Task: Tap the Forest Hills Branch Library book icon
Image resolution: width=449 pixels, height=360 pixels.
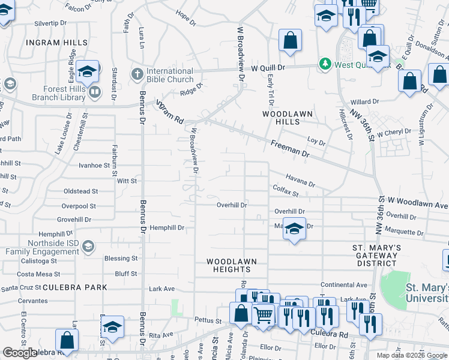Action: pyautogui.click(x=94, y=92)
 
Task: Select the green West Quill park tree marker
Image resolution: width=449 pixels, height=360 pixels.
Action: pyautogui.click(x=325, y=64)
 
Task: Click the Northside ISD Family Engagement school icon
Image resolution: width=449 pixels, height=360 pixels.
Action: pyautogui.click(x=88, y=246)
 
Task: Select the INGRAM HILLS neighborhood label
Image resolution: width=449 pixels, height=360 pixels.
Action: pyautogui.click(x=56, y=43)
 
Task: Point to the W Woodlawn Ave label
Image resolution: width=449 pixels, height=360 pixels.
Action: pyautogui.click(x=418, y=205)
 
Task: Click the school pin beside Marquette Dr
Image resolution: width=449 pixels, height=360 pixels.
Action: pyautogui.click(x=294, y=229)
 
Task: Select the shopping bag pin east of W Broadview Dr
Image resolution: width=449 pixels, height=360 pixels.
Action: pyautogui.click(x=290, y=41)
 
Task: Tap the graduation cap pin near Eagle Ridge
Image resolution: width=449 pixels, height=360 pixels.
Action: pyautogui.click(x=87, y=72)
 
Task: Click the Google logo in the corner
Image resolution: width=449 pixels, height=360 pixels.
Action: pyautogui.click(x=20, y=353)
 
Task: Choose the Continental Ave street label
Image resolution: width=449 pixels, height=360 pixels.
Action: pyautogui.click(x=343, y=284)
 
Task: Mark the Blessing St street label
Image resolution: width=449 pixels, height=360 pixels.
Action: pyautogui.click(x=121, y=259)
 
